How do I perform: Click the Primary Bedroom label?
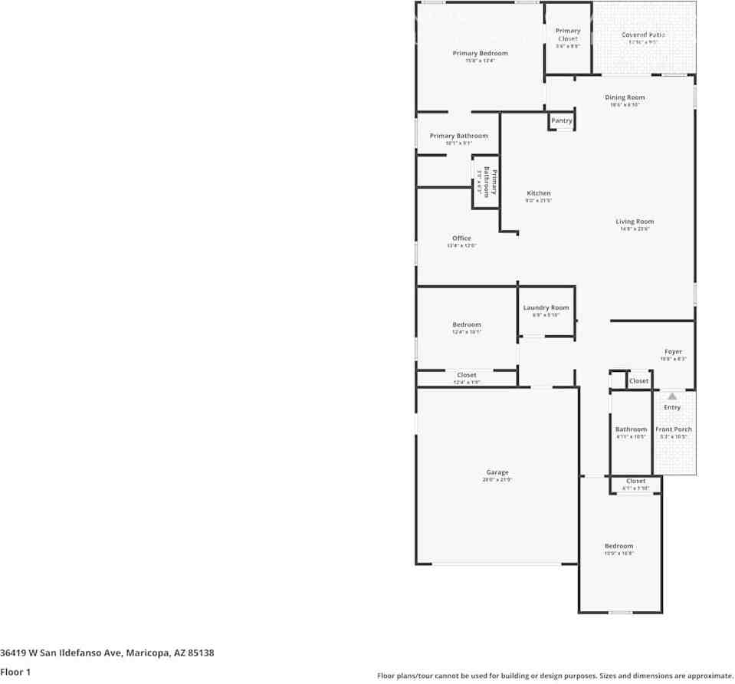480,54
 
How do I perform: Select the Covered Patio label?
643,35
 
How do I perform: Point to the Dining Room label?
625,97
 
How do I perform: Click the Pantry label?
562,120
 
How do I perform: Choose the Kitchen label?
538,193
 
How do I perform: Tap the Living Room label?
635,222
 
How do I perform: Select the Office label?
461,238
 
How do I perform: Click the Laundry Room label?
546,307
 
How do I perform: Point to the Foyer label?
673,352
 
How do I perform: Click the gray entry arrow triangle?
672,396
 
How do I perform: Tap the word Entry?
672,407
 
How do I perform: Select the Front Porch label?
674,429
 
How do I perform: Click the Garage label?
497,472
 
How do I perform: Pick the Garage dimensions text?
497,480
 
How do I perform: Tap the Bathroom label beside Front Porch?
631,429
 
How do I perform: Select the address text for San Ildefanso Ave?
107,653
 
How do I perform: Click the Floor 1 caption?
15,672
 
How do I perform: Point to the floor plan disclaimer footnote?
555,676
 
